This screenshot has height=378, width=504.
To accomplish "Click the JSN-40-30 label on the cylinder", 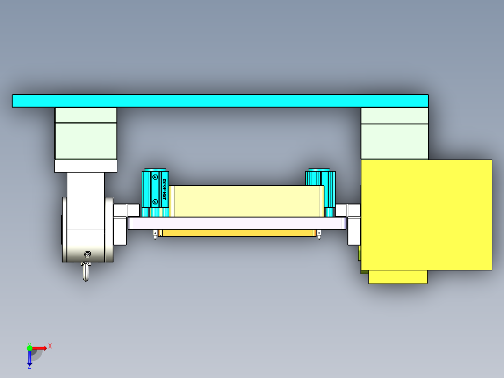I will point(165,189).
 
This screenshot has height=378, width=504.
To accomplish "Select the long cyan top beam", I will point(220,101).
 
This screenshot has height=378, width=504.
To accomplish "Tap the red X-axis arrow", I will point(39,348).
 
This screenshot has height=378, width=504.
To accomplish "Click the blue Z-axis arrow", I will point(29,357).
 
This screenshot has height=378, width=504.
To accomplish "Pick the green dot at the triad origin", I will point(29,348).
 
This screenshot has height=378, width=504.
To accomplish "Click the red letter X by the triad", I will point(50,346).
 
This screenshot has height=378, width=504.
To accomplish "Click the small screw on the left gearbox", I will point(87,254).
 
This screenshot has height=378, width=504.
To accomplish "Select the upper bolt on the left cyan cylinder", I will point(155,177).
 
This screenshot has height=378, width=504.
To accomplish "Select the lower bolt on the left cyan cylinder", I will point(155,202).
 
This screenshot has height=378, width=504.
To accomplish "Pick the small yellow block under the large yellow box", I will point(397,277).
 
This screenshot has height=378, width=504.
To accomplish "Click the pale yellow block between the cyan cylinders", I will point(246,201).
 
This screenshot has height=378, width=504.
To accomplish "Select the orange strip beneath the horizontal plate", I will point(236,233).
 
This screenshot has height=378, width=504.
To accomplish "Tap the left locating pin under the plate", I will point(155,234).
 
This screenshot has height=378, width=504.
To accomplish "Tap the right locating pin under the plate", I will point(319,234).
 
